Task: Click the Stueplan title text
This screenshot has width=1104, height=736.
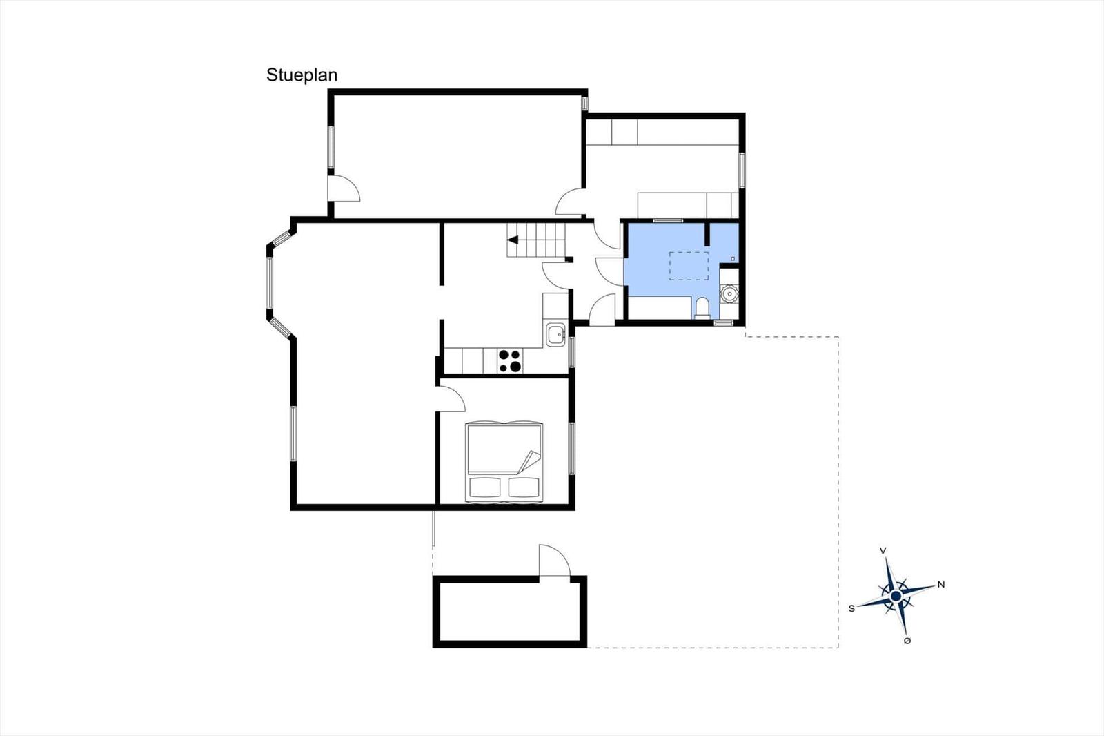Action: (302, 75)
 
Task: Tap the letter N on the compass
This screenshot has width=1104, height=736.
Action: (941, 585)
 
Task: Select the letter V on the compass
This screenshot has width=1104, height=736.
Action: (883, 550)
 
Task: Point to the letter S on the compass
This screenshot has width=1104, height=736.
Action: (851, 609)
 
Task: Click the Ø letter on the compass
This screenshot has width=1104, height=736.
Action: (907, 641)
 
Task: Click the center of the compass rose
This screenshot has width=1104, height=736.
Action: (896, 597)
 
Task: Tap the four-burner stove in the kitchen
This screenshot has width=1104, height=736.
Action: (510, 360)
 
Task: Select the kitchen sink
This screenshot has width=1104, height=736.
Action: (556, 334)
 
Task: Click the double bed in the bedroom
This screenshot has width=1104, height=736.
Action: (504, 462)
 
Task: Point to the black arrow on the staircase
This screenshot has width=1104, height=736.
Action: (513, 240)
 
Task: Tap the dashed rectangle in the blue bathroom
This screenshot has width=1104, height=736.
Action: (689, 266)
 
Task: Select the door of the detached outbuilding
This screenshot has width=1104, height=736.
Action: (554, 561)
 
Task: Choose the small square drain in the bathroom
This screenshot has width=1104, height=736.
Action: (733, 258)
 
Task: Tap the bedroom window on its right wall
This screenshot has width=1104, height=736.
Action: (572, 448)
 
